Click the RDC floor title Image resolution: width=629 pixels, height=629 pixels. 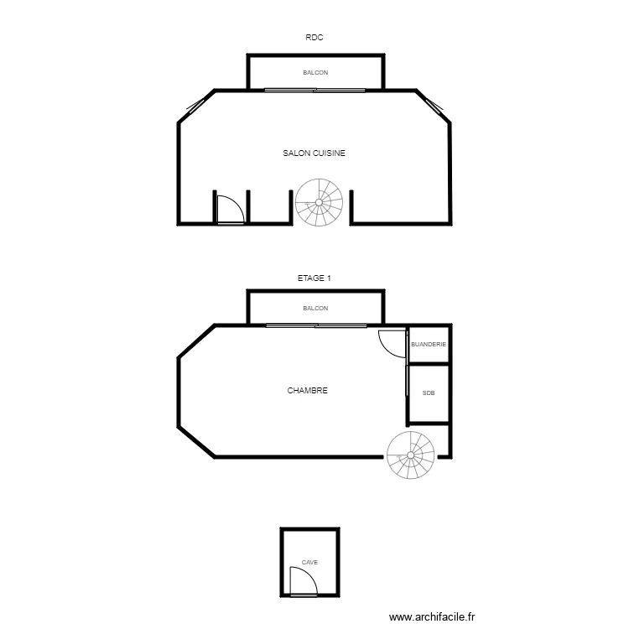[x=314, y=37]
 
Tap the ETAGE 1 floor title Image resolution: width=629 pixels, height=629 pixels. [x=314, y=278]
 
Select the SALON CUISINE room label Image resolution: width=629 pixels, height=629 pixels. [x=314, y=153]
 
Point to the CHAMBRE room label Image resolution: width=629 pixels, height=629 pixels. [x=307, y=391]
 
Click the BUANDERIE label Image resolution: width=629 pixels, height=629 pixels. [x=429, y=345]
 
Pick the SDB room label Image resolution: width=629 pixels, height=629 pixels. [x=429, y=392]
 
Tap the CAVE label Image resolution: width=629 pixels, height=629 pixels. [x=309, y=563]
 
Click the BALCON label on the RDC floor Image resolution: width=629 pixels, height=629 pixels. [x=315, y=73]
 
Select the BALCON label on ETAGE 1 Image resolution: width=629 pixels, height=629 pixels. [x=315, y=309]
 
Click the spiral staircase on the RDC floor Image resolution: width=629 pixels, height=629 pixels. [x=319, y=202]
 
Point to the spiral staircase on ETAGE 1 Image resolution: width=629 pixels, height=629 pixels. [x=411, y=456]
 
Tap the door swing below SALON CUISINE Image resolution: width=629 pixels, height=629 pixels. [x=229, y=210]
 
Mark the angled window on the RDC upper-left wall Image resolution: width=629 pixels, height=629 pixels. [x=195, y=106]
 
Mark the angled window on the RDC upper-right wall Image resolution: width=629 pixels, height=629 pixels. [x=434, y=106]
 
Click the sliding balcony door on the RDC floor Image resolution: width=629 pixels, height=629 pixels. [x=315, y=90]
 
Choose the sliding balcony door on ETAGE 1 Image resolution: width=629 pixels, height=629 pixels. [x=315, y=325]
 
